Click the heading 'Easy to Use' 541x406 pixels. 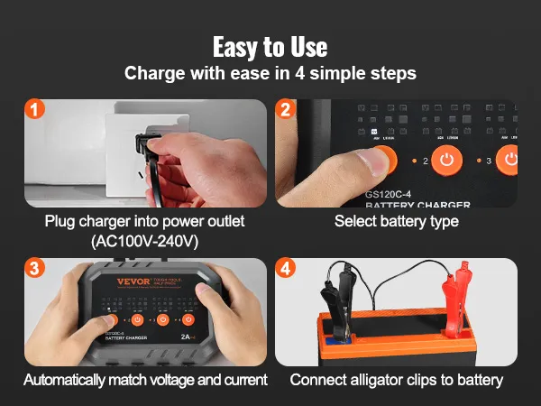pyautogui.click(x=270, y=46)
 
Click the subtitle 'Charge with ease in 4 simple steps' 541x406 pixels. pyautogui.click(x=270, y=73)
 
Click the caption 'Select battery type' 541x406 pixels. pyautogui.click(x=396, y=221)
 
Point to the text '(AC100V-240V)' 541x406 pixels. pyautogui.click(x=145, y=241)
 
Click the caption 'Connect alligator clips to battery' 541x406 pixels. pyautogui.click(x=397, y=380)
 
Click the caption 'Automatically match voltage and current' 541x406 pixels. pyautogui.click(x=145, y=380)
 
